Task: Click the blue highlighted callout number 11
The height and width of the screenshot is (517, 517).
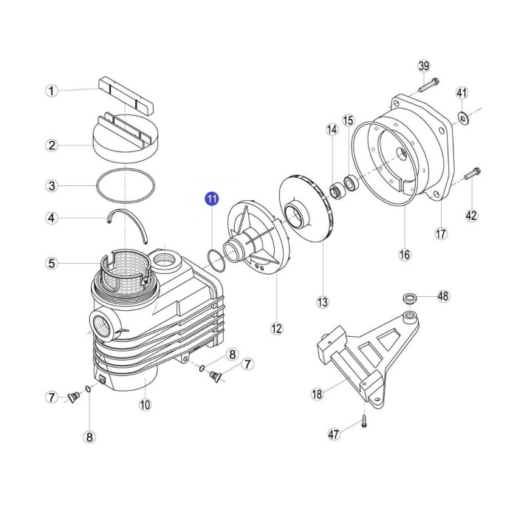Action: pos(211,199)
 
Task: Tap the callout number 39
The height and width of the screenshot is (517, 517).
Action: pos(424,66)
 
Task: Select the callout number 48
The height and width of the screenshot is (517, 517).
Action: pos(443,296)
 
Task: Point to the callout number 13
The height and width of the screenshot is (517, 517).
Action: pos(323,302)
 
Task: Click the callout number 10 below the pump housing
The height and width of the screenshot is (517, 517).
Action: pos(145,404)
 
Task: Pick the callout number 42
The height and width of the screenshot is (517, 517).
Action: pos(471,216)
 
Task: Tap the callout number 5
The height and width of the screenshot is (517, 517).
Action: pos(52,263)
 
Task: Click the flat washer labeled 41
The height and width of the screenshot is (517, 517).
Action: pos(462,117)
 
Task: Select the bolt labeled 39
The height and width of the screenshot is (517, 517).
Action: pos(428,85)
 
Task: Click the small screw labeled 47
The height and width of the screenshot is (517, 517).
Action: pos(363,421)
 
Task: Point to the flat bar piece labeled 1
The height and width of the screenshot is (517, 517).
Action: pos(126,95)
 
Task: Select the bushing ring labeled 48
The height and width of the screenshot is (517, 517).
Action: pos(410,298)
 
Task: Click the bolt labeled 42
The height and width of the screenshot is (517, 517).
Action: pos(472,174)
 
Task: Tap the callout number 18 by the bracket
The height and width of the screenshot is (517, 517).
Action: pos(317,394)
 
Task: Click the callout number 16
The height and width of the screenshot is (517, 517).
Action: pos(405,254)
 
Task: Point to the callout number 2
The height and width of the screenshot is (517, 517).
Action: pos(52,145)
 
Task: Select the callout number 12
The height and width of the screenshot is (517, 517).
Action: pos(276,329)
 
